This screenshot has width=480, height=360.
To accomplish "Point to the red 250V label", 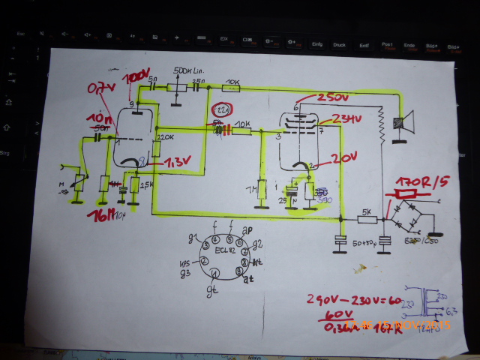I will [324, 99].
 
